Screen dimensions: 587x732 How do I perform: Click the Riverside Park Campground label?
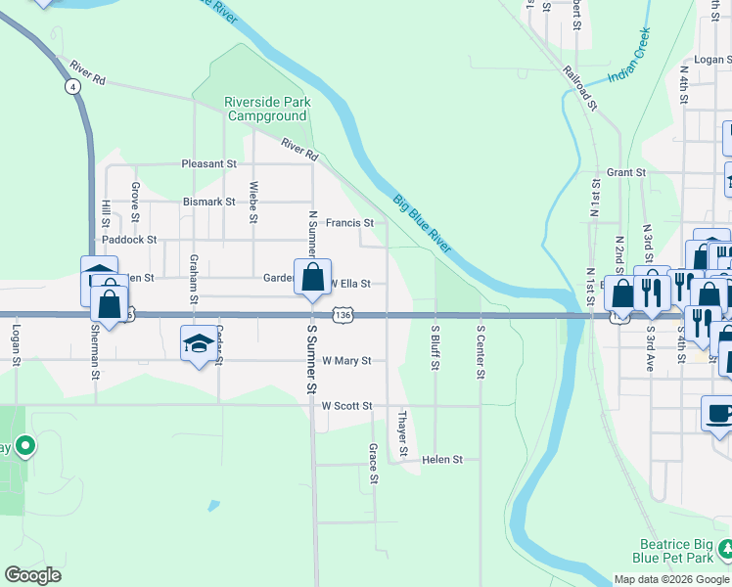[x=253, y=109]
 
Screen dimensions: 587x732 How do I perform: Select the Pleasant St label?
[x=209, y=164]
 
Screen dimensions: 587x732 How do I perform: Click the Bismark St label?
[x=209, y=202]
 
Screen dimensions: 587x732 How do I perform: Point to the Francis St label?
[x=349, y=223]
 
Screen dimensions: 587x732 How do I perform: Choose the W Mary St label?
[x=346, y=360]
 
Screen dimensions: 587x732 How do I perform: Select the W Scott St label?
[x=346, y=405]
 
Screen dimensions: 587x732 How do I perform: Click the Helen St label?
[x=449, y=459]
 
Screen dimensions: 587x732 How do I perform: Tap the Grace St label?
[x=373, y=465]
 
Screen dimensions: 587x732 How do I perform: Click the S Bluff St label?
[x=435, y=347]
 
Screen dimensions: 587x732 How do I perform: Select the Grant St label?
[x=626, y=172]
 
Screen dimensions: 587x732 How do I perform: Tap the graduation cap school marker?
[x=198, y=344]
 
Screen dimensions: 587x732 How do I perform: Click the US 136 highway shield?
[x=342, y=315]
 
